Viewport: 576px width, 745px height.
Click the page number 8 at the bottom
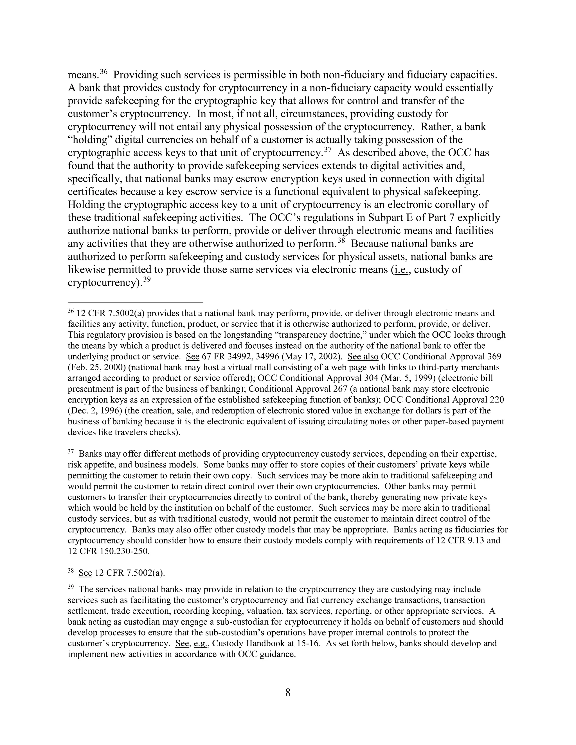click(x=288, y=692)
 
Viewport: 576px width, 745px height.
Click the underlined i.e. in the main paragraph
click(x=402, y=270)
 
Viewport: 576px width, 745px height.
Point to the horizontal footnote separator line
click(x=136, y=302)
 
